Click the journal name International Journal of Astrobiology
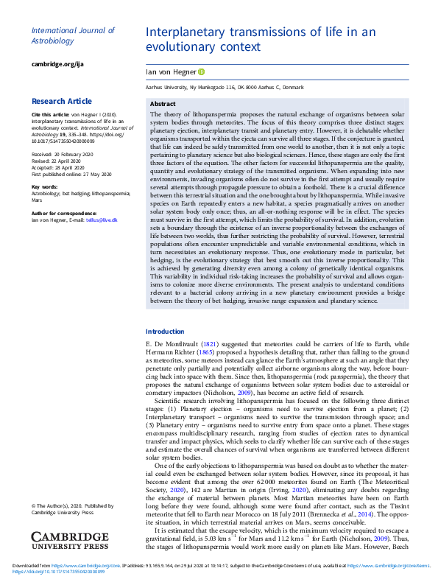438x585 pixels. pos(73,36)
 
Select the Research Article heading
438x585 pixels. pos(62,101)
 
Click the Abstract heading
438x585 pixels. pos(163,105)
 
